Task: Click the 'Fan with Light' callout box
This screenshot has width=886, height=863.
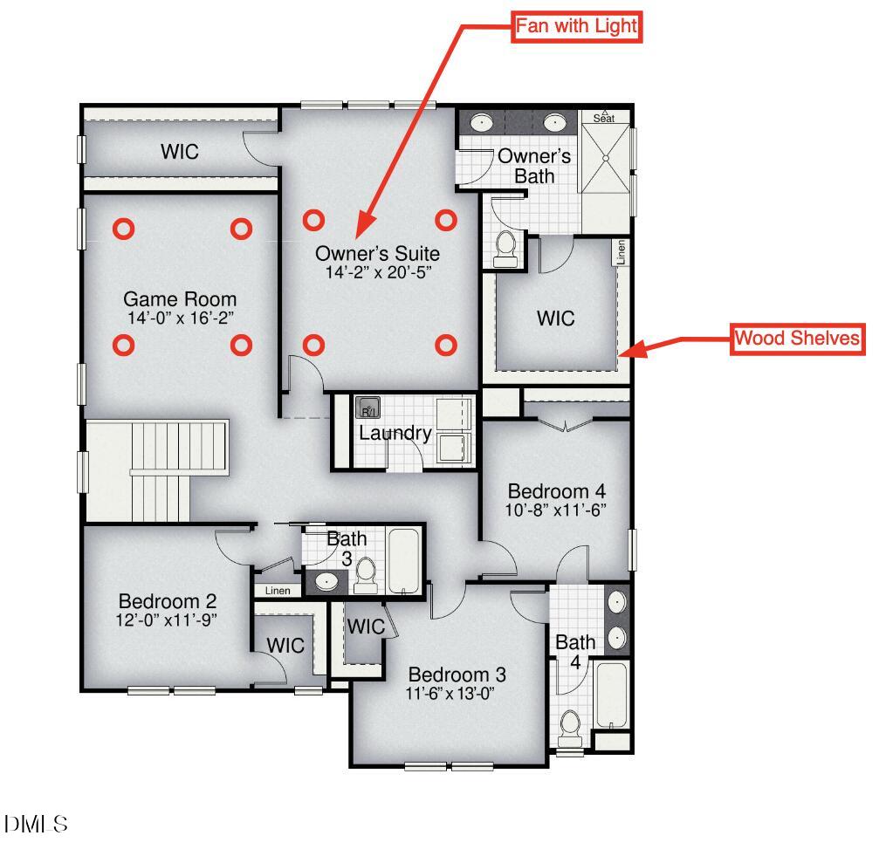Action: coord(576,26)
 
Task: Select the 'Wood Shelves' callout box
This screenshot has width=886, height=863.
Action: coord(797,339)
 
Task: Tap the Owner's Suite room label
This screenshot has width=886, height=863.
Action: coord(377,254)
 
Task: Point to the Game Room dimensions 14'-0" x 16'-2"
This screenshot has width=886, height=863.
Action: coord(181,318)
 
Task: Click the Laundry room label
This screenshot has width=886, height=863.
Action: coord(395,433)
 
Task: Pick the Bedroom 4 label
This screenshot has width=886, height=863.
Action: coord(557,491)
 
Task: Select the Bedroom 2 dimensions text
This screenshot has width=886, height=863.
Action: coord(166,620)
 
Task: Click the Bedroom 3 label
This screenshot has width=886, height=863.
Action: coord(457,675)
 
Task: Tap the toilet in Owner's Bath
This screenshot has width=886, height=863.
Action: coord(505,249)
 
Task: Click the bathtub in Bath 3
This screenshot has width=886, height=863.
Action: coord(403,560)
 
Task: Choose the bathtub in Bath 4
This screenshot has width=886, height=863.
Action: coord(611,695)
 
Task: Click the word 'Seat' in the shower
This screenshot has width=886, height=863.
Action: coord(603,119)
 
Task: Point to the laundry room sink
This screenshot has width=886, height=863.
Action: coord(367,407)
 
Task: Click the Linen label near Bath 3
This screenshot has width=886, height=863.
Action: coord(278,591)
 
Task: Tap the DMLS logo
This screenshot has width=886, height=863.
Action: coord(36,824)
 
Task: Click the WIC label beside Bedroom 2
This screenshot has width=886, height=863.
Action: coord(285,645)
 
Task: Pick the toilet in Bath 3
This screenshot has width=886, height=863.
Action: coord(366,575)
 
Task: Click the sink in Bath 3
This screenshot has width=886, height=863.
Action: coord(326,581)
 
